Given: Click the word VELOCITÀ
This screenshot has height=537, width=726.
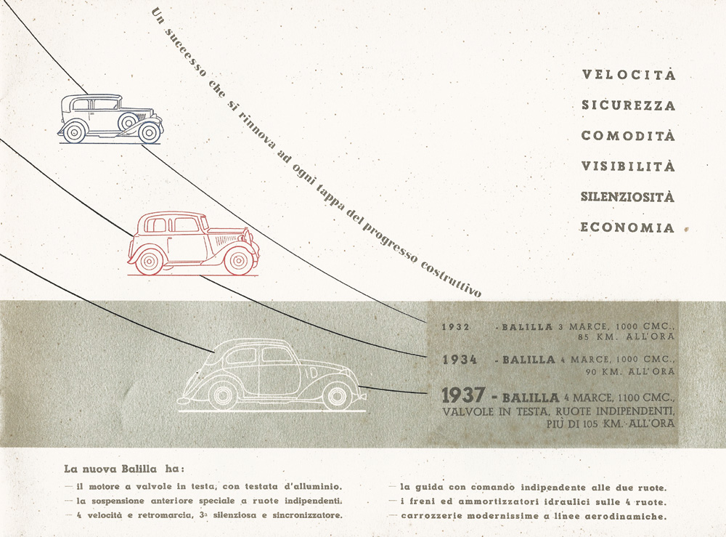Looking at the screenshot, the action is click(629, 74).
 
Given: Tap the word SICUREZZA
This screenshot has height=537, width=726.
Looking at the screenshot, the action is click(629, 105).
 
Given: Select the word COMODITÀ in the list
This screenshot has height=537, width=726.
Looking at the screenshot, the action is click(628, 135).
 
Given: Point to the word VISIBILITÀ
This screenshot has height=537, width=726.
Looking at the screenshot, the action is click(628, 166).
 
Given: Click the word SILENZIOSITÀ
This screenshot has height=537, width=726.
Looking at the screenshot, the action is click(628, 196).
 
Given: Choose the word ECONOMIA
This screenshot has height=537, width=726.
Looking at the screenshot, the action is click(627, 227).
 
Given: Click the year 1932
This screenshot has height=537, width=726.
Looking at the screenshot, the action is click(456, 327).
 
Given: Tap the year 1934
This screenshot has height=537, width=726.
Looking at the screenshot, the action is click(460, 360).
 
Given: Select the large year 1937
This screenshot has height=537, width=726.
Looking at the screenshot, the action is click(463, 396).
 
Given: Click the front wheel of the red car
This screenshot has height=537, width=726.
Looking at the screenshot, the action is click(238, 261).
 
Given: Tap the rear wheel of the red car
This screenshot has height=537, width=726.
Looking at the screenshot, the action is click(149, 262).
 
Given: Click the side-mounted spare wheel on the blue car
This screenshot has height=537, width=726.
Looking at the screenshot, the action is click(127, 122).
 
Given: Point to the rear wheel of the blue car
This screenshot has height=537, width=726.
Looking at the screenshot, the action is click(74, 132).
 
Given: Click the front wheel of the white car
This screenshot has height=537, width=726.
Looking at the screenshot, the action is click(336, 397).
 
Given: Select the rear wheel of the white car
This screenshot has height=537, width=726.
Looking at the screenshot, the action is click(223, 397).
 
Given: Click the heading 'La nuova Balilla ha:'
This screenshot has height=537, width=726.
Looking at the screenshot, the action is click(124, 469).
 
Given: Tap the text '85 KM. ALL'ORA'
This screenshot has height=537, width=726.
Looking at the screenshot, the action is click(626, 337).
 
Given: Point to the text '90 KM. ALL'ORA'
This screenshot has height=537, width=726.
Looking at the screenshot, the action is click(630, 371).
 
